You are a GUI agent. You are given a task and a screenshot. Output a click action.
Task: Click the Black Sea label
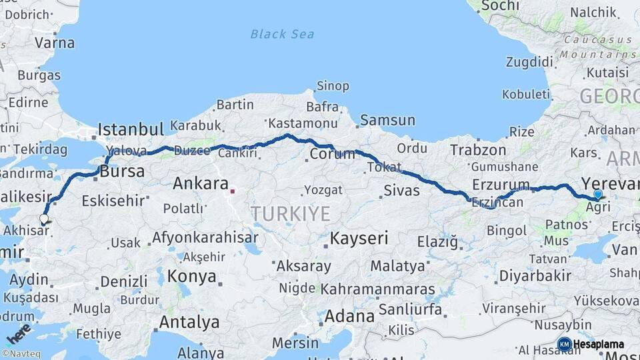click(x=283, y=34)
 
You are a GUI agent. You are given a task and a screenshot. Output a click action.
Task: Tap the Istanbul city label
click(x=131, y=129)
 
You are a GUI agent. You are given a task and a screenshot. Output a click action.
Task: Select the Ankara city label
click(x=201, y=183)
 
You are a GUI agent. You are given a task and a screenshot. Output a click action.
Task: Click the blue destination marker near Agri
click(x=598, y=195)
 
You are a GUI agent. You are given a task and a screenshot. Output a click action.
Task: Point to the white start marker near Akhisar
click(x=44, y=219)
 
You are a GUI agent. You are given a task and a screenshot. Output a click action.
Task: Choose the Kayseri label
click(x=359, y=238)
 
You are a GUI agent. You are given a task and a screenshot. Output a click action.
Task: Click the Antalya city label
click(x=189, y=323)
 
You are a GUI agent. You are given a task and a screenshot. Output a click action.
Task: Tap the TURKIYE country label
click(x=290, y=214)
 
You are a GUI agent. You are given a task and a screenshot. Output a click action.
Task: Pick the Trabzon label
click(x=478, y=150)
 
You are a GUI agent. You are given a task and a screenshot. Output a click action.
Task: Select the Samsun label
click(x=387, y=121)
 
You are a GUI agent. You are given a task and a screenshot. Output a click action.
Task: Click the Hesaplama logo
click(x=591, y=344)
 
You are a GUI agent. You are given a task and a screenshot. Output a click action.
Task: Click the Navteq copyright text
click(x=20, y=354)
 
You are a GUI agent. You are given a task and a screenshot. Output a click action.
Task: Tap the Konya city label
click(x=191, y=276)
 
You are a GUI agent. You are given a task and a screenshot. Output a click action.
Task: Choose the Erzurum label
click(x=500, y=185)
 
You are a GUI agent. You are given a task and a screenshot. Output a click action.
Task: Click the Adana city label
click(x=349, y=316)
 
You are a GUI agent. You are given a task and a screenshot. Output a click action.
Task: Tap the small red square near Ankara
click(x=232, y=191)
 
